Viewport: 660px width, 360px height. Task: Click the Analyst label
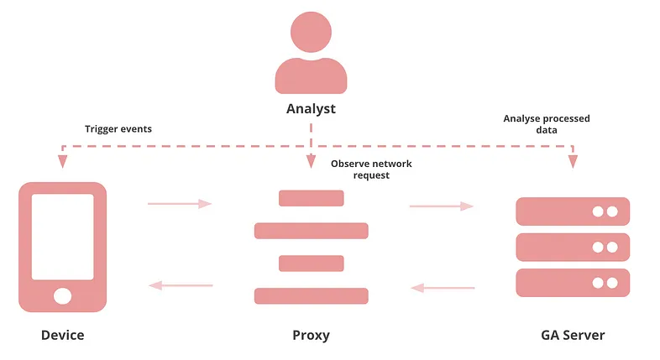click(x=311, y=108)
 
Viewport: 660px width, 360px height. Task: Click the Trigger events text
click(x=118, y=129)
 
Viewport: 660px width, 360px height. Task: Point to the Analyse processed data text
click(x=546, y=124)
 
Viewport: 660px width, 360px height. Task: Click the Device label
click(x=63, y=335)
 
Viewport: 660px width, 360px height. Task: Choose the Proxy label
click(x=311, y=335)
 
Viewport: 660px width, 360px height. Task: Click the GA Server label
click(x=573, y=335)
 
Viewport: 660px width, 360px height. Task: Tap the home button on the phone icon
click(x=63, y=295)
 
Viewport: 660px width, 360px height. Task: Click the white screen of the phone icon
click(x=63, y=237)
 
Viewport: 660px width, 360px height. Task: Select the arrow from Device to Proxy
click(x=180, y=203)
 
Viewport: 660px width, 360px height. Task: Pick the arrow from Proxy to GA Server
click(x=442, y=205)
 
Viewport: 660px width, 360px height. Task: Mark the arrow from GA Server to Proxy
click(x=442, y=288)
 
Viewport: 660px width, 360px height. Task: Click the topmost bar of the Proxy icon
click(x=311, y=198)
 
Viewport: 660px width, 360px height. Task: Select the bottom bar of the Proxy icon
click(x=311, y=295)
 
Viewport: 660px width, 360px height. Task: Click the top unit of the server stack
click(x=573, y=211)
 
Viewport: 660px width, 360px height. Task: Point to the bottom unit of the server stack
click(x=573, y=283)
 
